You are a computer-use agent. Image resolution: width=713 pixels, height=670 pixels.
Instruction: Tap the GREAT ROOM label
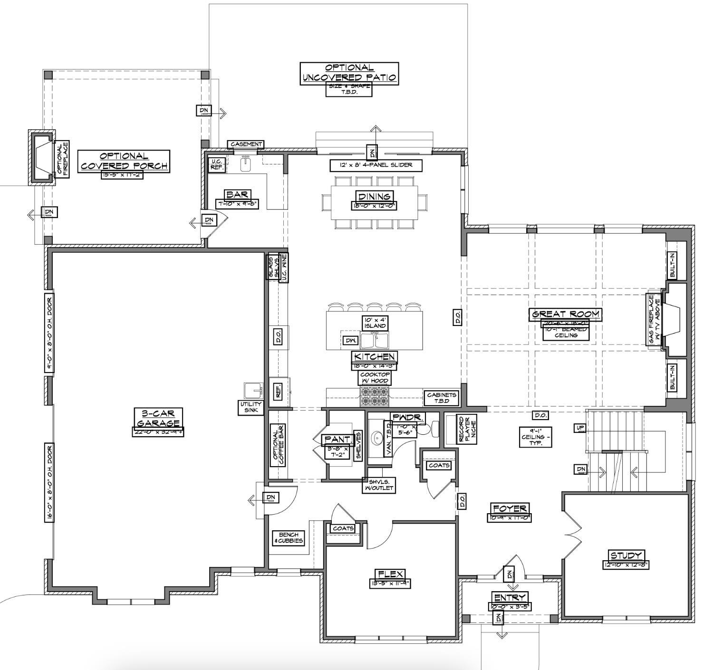pyautogui.click(x=566, y=314)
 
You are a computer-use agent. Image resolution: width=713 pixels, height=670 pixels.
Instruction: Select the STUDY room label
pyautogui.click(x=626, y=555)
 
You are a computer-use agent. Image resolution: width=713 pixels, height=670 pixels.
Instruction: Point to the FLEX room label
pyautogui.click(x=390, y=574)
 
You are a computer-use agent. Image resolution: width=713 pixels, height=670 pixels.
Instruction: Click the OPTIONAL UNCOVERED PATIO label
pyautogui.click(x=349, y=73)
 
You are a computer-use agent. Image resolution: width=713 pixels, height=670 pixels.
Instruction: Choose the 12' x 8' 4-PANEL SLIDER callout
pyautogui.click(x=376, y=165)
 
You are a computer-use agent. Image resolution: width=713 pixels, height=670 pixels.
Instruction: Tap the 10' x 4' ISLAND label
pyautogui.click(x=375, y=323)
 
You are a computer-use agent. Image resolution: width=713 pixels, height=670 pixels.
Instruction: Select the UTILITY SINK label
pyautogui.click(x=251, y=407)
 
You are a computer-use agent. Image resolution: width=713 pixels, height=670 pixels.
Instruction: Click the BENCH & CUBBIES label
pyautogui.click(x=289, y=538)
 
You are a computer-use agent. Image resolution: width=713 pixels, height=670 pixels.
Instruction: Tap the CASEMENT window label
pyautogui.click(x=245, y=144)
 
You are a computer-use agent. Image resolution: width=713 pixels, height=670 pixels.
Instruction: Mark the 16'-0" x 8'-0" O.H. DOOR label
pyautogui.click(x=49, y=482)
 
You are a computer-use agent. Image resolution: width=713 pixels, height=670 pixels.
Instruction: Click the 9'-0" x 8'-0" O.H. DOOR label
pyautogui.click(x=49, y=333)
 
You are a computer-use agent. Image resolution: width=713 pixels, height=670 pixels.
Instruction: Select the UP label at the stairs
pyautogui.click(x=580, y=428)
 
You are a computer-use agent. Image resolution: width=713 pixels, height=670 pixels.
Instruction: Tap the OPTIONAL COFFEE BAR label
pyautogui.click(x=278, y=445)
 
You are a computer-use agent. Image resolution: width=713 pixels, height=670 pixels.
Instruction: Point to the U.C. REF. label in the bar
pyautogui.click(x=217, y=164)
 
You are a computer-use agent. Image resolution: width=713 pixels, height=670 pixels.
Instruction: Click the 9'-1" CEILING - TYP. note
pyautogui.click(x=537, y=436)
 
